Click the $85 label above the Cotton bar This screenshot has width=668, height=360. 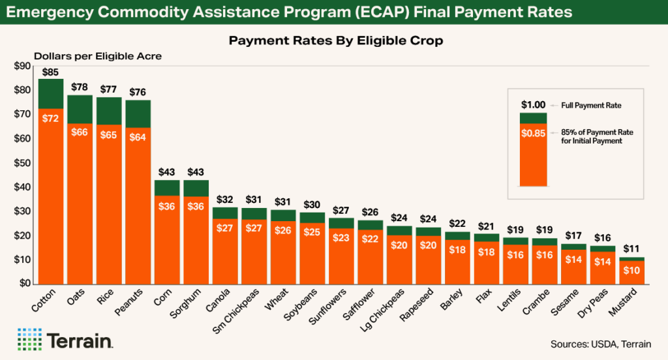(x=51, y=71)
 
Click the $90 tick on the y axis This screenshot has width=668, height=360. (x=23, y=66)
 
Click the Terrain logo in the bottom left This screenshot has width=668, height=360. (x=66, y=340)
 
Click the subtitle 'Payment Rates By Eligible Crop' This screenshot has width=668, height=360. (x=336, y=41)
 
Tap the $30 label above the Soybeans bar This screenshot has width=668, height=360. (x=312, y=205)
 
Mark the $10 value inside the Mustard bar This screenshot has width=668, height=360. (x=631, y=271)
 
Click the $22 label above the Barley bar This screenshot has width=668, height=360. (x=457, y=224)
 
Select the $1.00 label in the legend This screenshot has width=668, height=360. (x=533, y=104)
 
